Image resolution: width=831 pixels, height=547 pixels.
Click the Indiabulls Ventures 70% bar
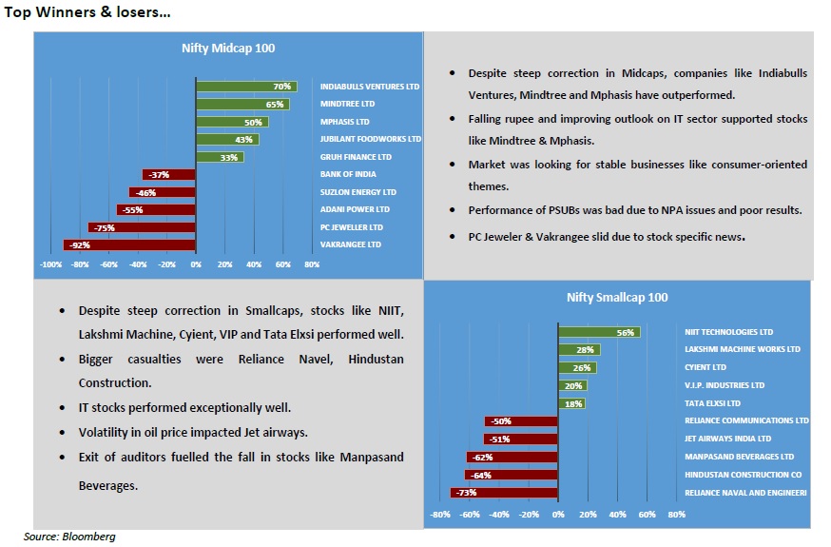click(x=246, y=87)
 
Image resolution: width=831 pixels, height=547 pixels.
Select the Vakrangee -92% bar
click(x=129, y=244)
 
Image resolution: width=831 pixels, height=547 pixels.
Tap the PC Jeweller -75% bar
click(x=142, y=227)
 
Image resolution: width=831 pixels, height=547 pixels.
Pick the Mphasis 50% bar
click(x=232, y=122)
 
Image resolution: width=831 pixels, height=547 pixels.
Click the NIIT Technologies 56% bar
click(x=599, y=333)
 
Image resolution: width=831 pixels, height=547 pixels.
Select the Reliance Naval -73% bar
click(x=504, y=493)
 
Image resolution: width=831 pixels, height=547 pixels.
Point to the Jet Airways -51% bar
click(x=521, y=440)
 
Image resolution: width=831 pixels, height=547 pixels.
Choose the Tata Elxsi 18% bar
click(x=571, y=403)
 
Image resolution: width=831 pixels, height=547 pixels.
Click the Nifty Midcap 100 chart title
click(x=228, y=48)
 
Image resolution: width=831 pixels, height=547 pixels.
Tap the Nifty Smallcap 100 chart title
click(x=617, y=298)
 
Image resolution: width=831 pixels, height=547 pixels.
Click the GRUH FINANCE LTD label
click(x=356, y=157)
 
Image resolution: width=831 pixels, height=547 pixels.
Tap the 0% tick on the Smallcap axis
click(x=558, y=515)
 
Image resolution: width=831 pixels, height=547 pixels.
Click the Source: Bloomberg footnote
click(x=69, y=537)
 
